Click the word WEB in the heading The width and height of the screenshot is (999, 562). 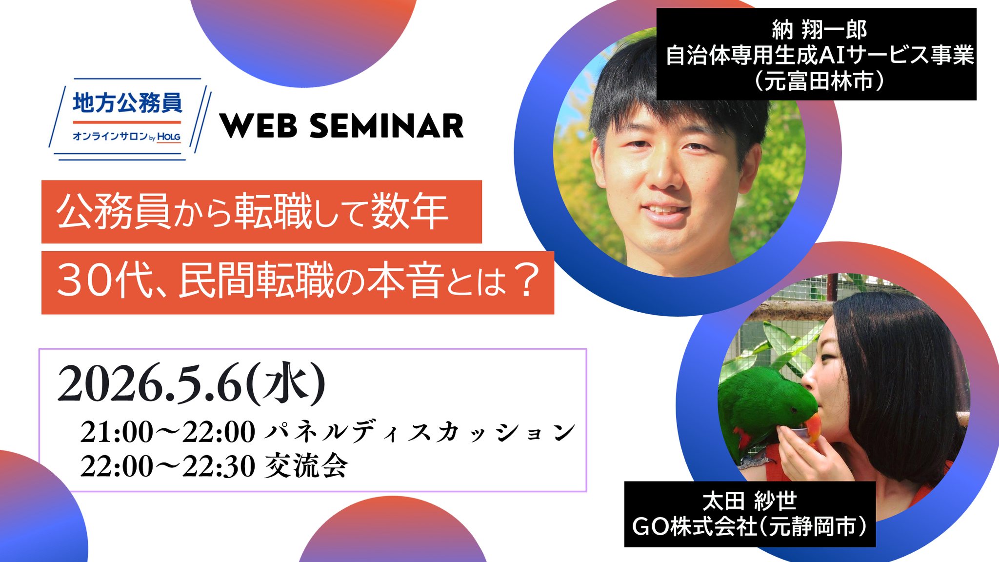(259, 126)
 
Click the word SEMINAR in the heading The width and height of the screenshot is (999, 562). (386, 126)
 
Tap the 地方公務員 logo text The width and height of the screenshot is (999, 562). (127, 103)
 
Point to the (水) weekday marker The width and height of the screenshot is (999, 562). (285, 384)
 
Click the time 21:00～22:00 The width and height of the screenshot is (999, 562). (167, 432)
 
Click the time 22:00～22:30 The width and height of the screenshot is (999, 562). (167, 466)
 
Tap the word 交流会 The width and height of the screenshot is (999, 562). (306, 466)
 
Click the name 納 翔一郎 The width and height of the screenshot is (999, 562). (819, 30)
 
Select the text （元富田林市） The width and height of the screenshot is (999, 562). (819, 81)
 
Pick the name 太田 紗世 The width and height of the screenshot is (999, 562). (750, 501)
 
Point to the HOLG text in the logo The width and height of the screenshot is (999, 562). (169, 137)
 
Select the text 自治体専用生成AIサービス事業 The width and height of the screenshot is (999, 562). (819, 55)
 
